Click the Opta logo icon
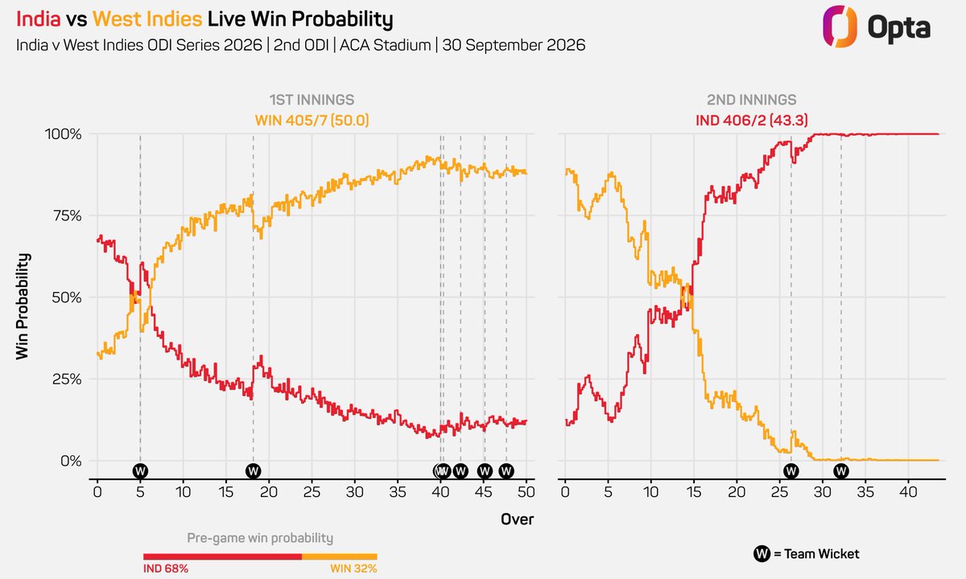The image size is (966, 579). pos(839,27)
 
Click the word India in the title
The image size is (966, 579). pos(39,19)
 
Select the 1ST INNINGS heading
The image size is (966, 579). pos(312,100)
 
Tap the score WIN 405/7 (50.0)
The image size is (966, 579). pos(312,120)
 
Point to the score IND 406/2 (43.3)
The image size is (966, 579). pos(752,120)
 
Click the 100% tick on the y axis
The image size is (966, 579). pos(63,134)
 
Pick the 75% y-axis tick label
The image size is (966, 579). pos(68,216)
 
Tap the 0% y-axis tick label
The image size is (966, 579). pos(71,461)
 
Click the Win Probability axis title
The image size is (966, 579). pos(23,306)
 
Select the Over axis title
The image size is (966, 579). pos(517,519)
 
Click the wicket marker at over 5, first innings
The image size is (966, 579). pos(140,471)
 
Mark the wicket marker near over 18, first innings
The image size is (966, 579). pos(253,471)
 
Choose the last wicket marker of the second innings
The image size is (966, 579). pos(841,471)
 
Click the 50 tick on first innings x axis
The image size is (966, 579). pos(526,491)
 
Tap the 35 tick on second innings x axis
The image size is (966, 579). pos(865,491)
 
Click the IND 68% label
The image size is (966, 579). pos(166,569)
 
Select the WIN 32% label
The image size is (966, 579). pos(353,569)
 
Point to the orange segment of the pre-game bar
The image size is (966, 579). pos(340,556)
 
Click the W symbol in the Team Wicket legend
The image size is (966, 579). pos(762,553)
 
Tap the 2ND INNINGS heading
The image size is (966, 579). pos(752,100)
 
